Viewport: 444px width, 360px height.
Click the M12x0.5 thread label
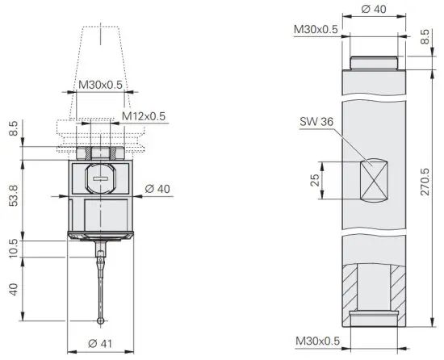144,116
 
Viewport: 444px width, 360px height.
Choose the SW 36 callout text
315,122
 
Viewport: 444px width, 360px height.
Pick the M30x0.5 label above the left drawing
100,84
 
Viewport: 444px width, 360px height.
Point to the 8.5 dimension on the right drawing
426,36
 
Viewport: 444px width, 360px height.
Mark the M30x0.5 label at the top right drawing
316,29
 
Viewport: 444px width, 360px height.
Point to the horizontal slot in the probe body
100,177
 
